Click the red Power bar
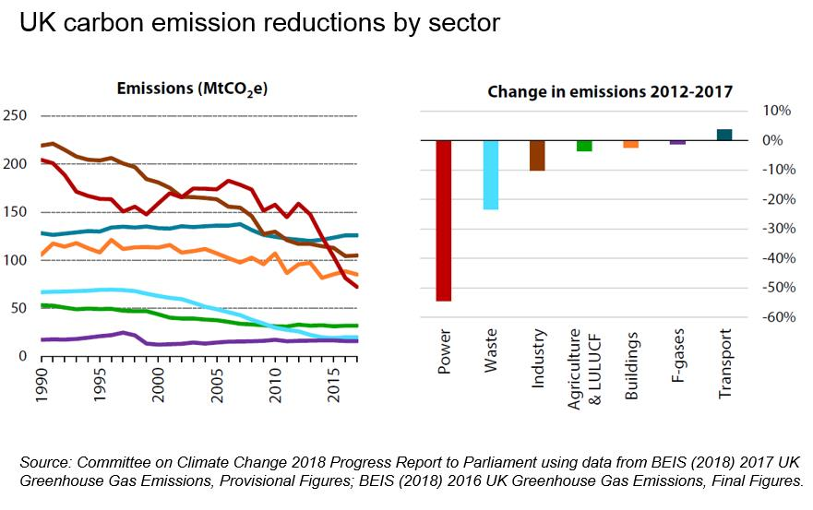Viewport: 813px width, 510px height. tap(443, 220)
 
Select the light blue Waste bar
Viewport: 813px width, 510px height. tap(490, 175)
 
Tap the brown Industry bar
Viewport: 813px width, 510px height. tap(537, 155)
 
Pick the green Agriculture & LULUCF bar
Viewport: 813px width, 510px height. tap(584, 146)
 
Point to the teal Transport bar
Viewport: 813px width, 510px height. tap(724, 135)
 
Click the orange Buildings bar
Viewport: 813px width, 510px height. tap(631, 144)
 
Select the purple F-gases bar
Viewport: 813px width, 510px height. tap(677, 143)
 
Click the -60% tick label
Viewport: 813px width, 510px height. tap(776, 317)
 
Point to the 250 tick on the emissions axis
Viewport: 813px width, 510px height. tap(15, 116)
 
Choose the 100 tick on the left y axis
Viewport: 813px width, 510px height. tap(15, 260)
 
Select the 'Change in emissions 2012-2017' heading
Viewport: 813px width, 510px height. tap(609, 91)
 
